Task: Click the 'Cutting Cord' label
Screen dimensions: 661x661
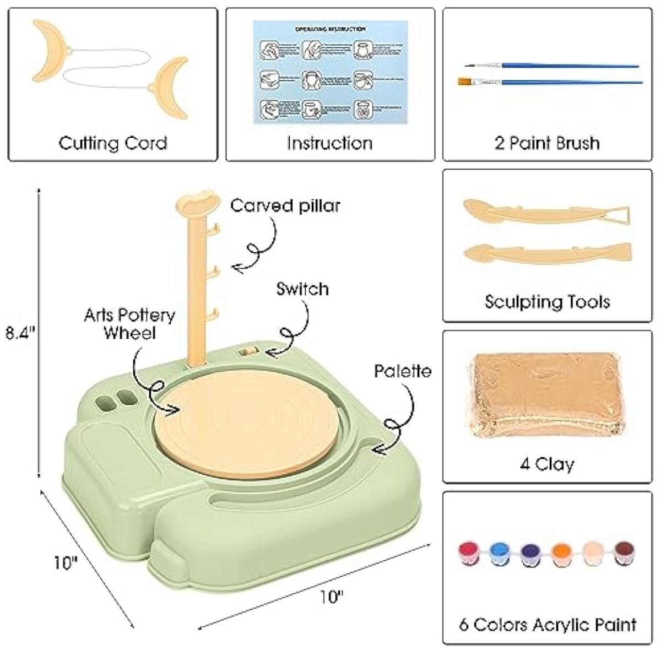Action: pyautogui.click(x=112, y=143)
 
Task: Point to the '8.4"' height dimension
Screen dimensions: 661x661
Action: pyautogui.click(x=21, y=333)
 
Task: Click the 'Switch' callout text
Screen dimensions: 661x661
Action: pyautogui.click(x=302, y=289)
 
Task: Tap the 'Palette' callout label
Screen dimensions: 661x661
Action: pyautogui.click(x=403, y=371)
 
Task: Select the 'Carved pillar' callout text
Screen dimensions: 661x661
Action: pyautogui.click(x=285, y=205)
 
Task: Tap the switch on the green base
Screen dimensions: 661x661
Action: pyautogui.click(x=248, y=350)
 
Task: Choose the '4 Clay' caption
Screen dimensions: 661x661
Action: pyautogui.click(x=546, y=464)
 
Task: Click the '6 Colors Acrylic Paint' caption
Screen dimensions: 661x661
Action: pyautogui.click(x=548, y=625)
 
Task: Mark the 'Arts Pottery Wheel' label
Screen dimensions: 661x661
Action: pyautogui.click(x=129, y=324)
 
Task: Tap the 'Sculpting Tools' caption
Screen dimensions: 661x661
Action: pyautogui.click(x=547, y=302)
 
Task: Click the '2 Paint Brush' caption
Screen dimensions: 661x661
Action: pyautogui.click(x=547, y=143)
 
